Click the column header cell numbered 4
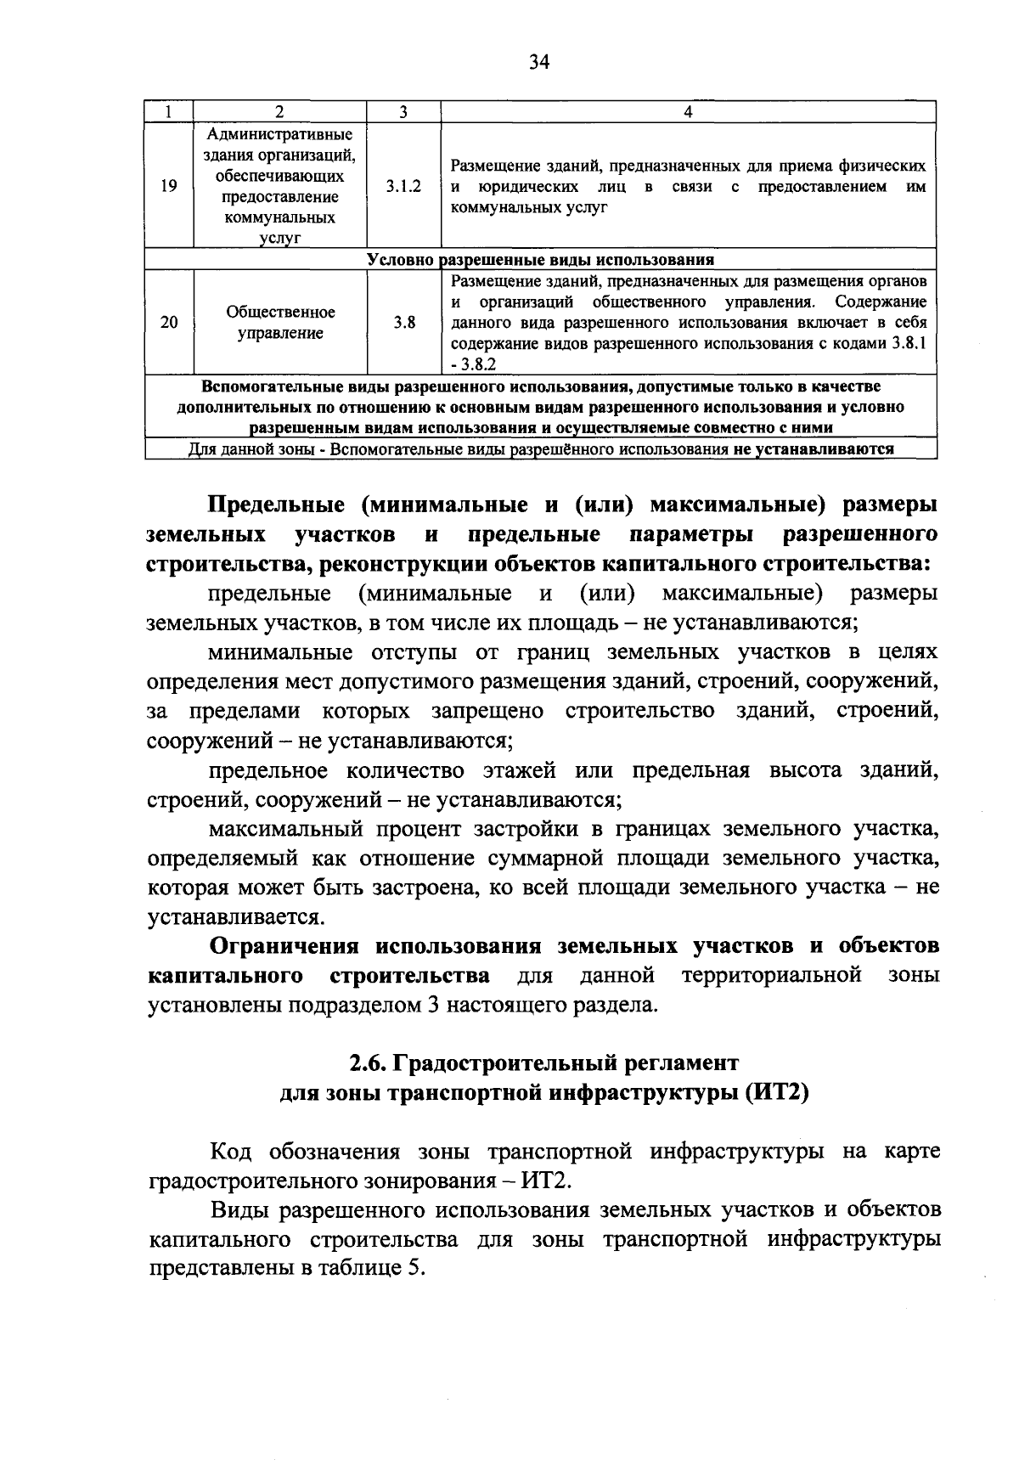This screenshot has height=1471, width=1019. (x=688, y=112)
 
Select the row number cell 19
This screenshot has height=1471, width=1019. (x=169, y=186)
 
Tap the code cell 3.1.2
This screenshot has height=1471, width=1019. (x=403, y=186)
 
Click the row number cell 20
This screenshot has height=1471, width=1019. (x=169, y=323)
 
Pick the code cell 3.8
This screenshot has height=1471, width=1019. (x=404, y=323)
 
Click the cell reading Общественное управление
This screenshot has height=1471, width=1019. (x=280, y=323)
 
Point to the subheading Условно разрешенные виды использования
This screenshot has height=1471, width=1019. (x=540, y=260)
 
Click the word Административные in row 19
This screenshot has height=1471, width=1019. (x=280, y=135)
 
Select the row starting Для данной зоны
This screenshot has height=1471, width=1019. (x=540, y=449)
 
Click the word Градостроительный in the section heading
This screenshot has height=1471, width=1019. (x=501, y=1063)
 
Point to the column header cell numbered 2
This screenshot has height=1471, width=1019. (x=280, y=112)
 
